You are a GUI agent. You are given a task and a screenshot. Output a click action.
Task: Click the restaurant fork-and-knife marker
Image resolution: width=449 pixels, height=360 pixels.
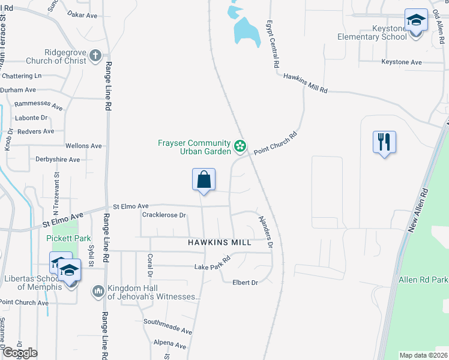(384, 142)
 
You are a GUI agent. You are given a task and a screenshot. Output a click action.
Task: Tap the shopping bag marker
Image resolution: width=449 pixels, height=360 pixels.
(203, 179)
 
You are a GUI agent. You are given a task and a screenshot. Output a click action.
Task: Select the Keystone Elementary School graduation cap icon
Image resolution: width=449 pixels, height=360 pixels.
(415, 20)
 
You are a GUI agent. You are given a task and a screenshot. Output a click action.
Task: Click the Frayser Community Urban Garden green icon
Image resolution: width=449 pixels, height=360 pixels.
(240, 146)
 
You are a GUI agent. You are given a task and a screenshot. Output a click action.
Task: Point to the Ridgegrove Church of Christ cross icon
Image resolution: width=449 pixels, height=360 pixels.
(95, 56)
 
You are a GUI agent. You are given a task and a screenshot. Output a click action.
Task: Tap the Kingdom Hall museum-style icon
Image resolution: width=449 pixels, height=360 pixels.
(98, 291)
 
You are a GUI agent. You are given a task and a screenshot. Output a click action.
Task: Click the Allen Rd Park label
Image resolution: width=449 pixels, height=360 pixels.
(423, 280)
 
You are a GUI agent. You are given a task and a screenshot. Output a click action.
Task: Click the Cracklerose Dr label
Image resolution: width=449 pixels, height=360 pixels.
(164, 215)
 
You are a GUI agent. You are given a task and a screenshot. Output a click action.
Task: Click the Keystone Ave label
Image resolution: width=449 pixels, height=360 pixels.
(402, 62)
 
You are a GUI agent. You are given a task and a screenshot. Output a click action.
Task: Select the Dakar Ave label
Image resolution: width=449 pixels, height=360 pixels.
(82, 14)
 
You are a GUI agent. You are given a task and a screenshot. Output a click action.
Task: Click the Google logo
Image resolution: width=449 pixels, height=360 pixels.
(19, 352)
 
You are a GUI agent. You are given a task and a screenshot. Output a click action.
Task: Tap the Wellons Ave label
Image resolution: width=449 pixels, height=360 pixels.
(83, 146)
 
